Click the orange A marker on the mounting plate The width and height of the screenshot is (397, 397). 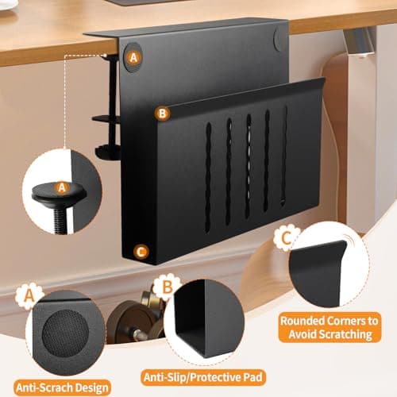(x=133, y=56)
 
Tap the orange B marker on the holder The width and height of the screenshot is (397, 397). (x=161, y=114)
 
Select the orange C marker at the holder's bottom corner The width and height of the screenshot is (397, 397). (x=141, y=252)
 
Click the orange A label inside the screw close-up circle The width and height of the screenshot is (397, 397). (x=62, y=187)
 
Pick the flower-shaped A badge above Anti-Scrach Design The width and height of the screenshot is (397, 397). (x=29, y=296)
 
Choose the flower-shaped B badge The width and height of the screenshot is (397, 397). (x=168, y=286)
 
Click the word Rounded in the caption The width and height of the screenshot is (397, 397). (x=303, y=321)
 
